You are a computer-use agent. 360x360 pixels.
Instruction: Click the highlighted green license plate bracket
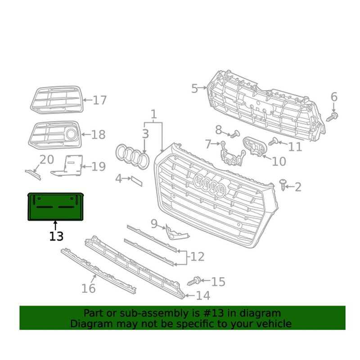click(56, 206)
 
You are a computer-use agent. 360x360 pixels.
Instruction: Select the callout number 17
click(99, 100)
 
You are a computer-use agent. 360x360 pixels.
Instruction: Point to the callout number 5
click(194, 88)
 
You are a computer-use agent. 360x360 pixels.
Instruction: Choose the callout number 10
click(279, 161)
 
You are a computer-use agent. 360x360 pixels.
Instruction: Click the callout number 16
click(89, 288)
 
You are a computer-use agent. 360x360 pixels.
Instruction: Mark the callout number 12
click(197, 257)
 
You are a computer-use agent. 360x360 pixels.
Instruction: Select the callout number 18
click(98, 134)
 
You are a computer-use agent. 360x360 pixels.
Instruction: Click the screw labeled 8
click(235, 134)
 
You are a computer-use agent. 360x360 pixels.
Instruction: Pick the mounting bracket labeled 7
click(230, 153)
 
